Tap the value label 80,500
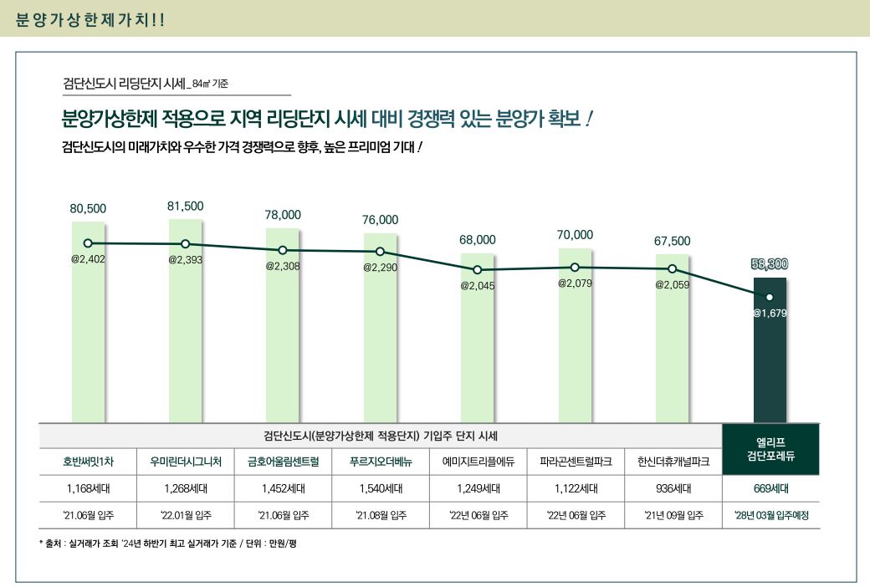[x=88, y=208]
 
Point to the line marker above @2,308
[x=283, y=250]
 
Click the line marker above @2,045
[x=478, y=270]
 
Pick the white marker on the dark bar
[x=770, y=297]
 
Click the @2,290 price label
[x=380, y=268]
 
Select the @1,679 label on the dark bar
[x=770, y=314]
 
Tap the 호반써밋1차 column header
[x=88, y=461]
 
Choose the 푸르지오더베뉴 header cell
[x=380, y=461]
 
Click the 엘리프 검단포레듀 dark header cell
[x=770, y=449]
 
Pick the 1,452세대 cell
[x=283, y=488]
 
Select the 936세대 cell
[x=673, y=488]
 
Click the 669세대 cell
[x=770, y=488]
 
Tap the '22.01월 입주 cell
[x=185, y=515]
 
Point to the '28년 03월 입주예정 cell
[x=770, y=515]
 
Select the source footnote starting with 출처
[x=167, y=544]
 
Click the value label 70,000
[x=575, y=235]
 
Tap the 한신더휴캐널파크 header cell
[x=673, y=461]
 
